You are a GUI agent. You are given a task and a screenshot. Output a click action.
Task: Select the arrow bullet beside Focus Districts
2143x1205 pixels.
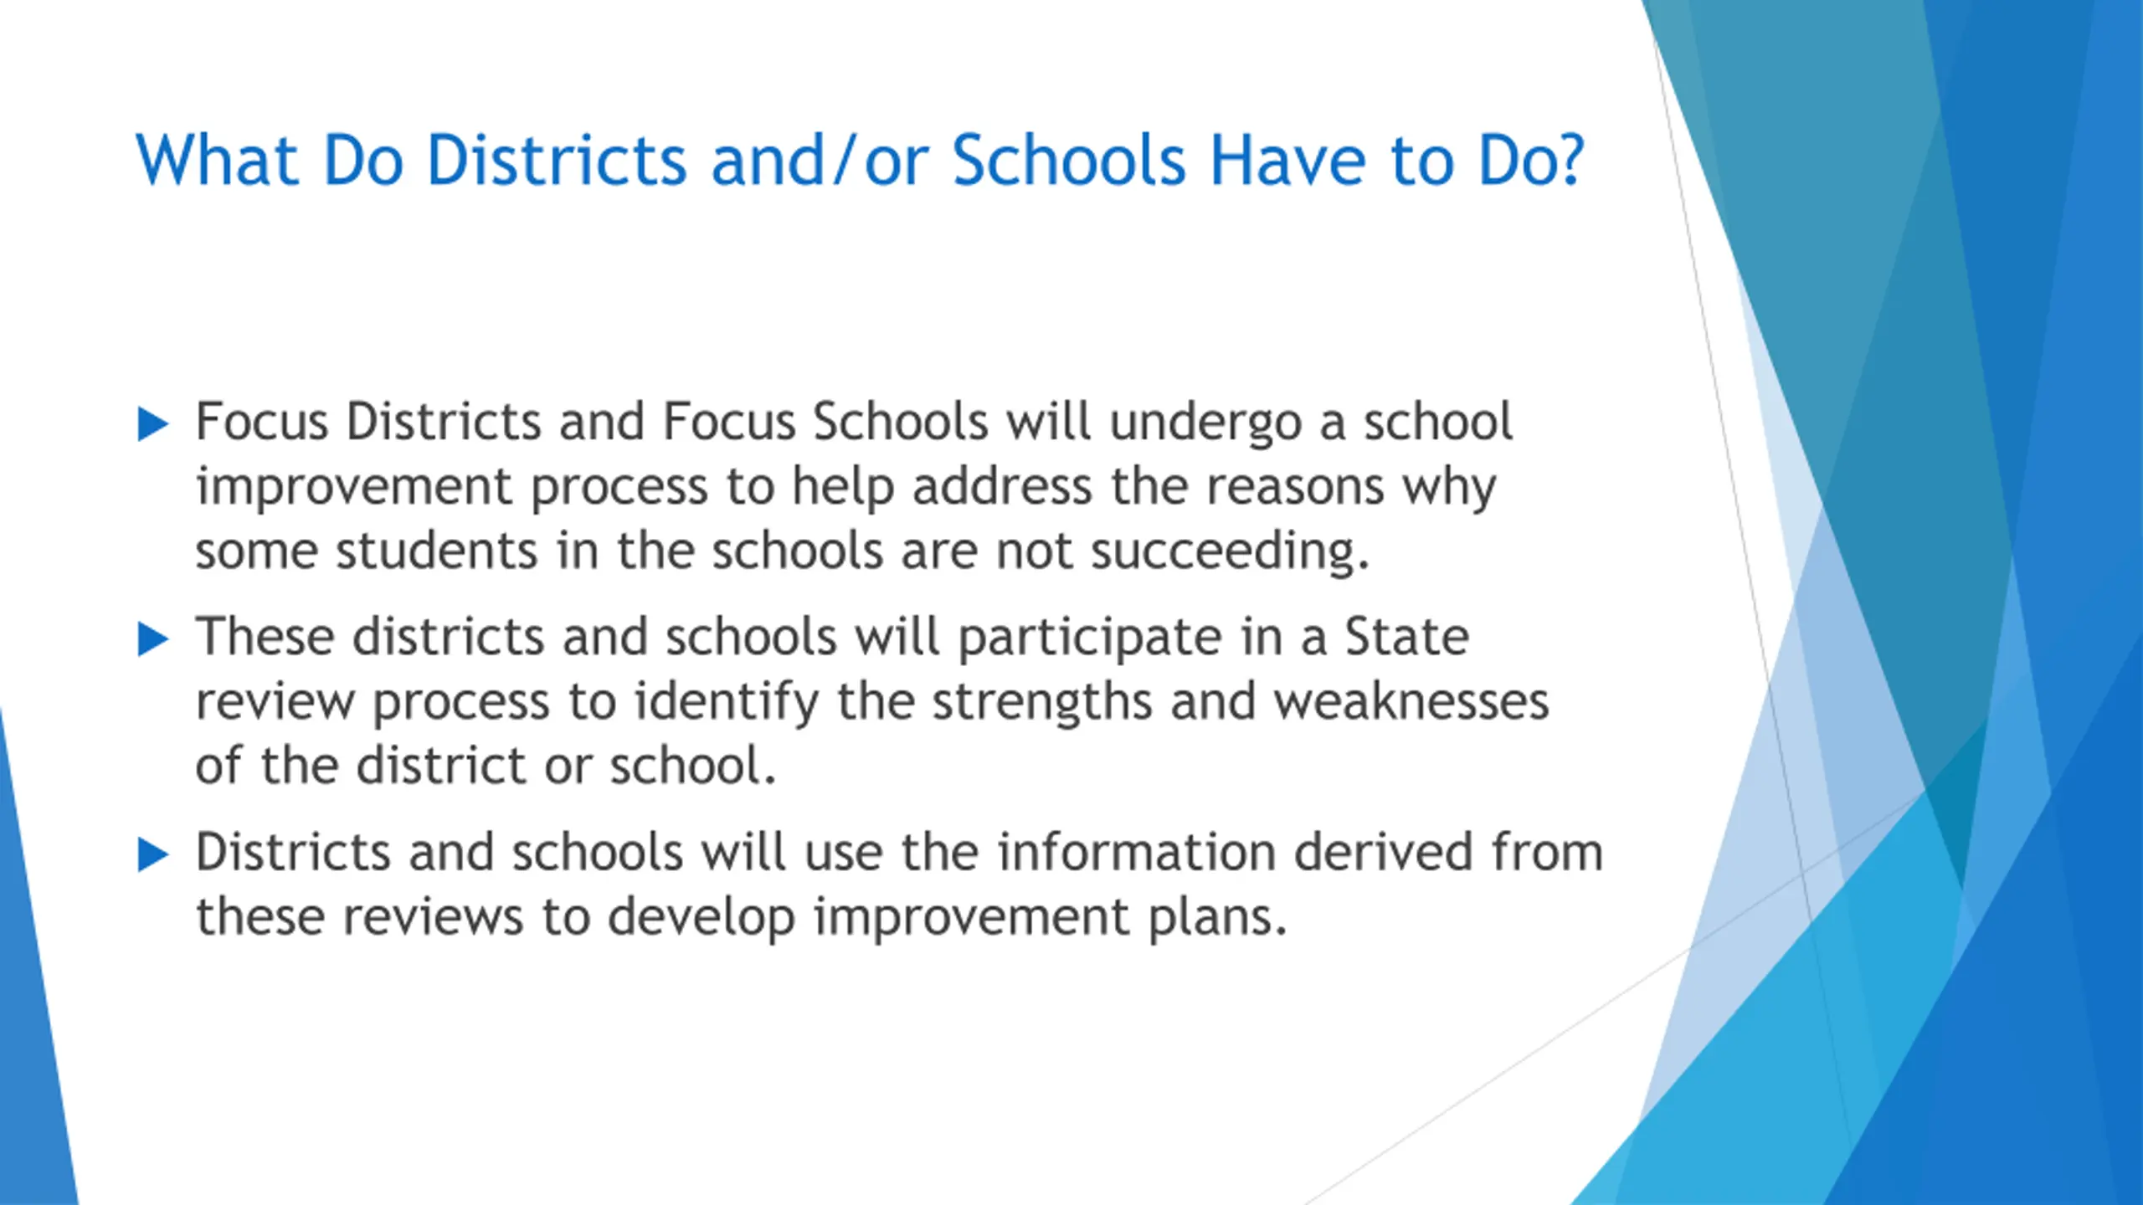coord(153,424)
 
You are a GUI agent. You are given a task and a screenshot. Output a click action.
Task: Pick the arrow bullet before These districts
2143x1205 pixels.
coord(153,640)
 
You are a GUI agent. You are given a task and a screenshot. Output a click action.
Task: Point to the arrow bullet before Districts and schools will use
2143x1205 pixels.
coord(153,855)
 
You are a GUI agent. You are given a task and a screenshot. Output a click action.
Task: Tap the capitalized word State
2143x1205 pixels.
coord(1407,638)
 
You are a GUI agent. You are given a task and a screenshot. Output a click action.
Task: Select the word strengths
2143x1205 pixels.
coord(1042,703)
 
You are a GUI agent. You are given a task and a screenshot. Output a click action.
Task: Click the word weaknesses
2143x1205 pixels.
coord(1411,702)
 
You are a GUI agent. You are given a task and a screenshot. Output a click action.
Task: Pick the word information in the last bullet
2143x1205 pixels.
coord(1136,853)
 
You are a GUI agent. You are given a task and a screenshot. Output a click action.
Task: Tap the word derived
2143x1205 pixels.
coord(1384,853)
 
